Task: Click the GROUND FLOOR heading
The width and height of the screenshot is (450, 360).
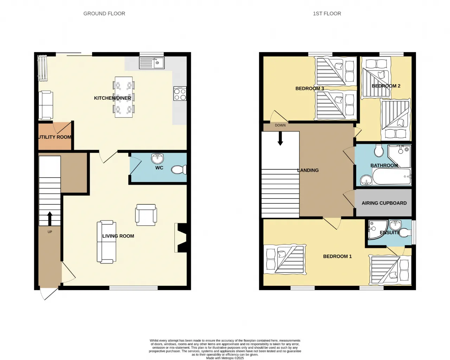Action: [x=104, y=14]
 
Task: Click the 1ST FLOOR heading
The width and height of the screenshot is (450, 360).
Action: [x=327, y=14]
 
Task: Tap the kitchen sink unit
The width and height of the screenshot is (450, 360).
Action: [x=152, y=63]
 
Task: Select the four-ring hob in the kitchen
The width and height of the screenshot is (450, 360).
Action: [x=180, y=94]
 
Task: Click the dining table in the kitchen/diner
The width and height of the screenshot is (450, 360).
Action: [x=124, y=97]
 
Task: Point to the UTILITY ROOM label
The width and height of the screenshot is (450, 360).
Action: [x=55, y=137]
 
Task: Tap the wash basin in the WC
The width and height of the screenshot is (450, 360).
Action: [x=157, y=159]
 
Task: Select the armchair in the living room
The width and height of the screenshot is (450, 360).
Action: [x=146, y=215]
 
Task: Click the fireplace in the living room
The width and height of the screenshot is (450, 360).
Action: [x=181, y=238]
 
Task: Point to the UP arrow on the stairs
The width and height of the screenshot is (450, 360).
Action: [x=50, y=218]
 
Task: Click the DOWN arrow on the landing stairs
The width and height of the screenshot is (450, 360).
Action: [x=280, y=138]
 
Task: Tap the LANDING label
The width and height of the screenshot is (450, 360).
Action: [x=308, y=170]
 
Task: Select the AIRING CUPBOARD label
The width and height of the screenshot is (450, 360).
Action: [x=384, y=203]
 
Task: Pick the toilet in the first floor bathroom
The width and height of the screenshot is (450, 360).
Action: [x=379, y=150]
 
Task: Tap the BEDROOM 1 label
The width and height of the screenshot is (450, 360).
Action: [x=337, y=256]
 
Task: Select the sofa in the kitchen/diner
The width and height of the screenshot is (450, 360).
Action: [x=46, y=105]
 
